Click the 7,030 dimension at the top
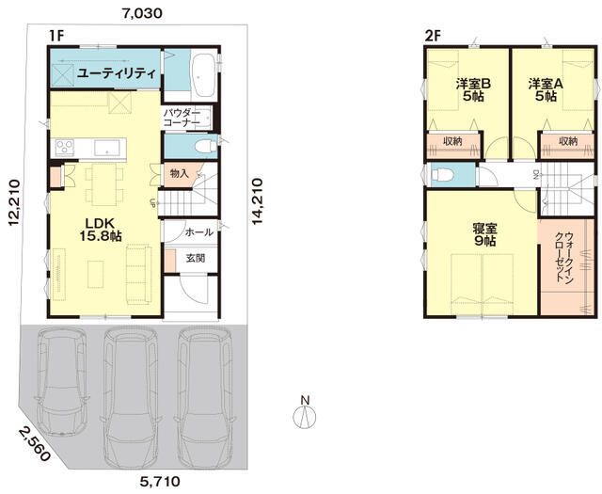(x=142, y=13)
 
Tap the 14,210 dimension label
(x=257, y=201)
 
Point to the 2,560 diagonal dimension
(x=34, y=445)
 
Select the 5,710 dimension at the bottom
(x=160, y=481)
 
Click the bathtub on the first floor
(x=203, y=75)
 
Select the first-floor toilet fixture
(x=205, y=147)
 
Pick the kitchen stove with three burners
(x=64, y=148)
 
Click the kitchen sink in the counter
(x=107, y=148)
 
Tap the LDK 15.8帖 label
(x=101, y=230)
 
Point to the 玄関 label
(x=196, y=258)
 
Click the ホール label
(x=199, y=232)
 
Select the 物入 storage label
(x=180, y=174)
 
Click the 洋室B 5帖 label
(x=473, y=90)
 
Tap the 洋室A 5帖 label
(x=546, y=90)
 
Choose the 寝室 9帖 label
(x=484, y=234)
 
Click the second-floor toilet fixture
(x=442, y=175)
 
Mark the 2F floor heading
(x=433, y=36)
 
